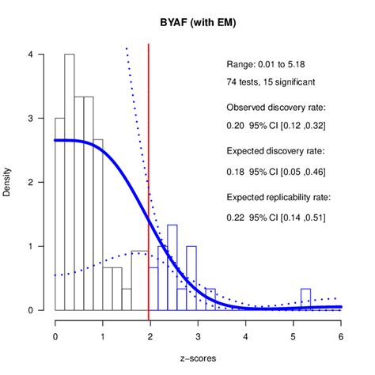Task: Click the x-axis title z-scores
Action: (198, 358)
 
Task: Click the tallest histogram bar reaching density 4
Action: (70, 182)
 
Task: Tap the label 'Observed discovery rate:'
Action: (277, 107)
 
